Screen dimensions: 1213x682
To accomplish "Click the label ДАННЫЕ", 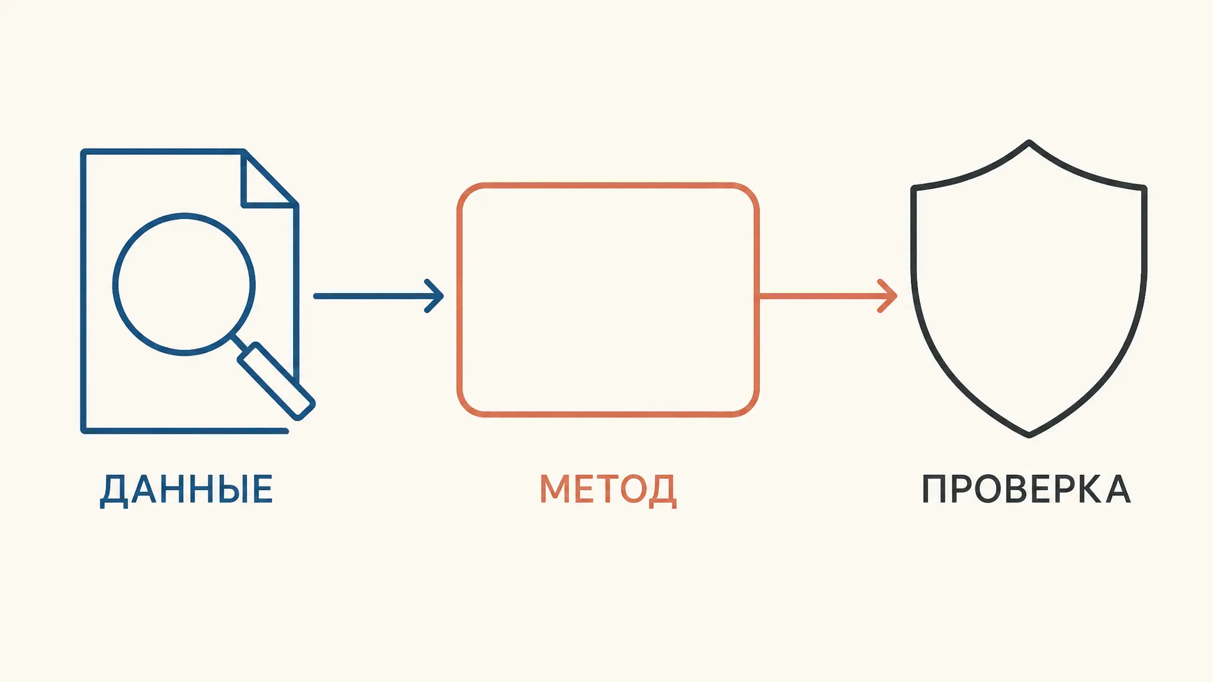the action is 186,489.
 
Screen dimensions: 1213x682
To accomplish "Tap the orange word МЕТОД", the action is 608,489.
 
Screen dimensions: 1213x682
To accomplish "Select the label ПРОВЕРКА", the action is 1026,489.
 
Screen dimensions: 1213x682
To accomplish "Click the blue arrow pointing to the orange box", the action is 378,296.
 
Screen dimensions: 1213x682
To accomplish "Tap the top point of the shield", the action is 1029,142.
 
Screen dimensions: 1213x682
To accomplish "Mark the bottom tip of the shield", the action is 1029,435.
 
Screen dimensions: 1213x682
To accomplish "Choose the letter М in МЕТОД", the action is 555,489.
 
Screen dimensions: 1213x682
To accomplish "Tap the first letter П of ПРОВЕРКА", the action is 934,489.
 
